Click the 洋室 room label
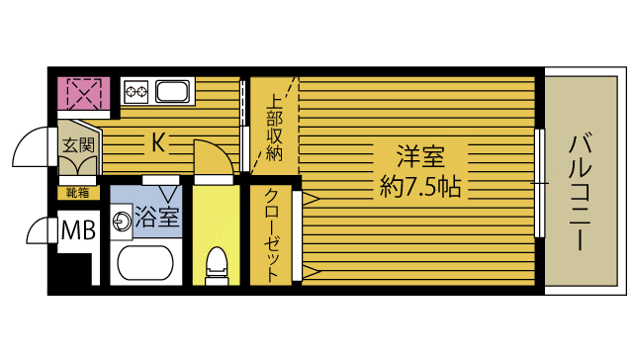[x=420, y=156]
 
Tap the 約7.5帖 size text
[x=420, y=186]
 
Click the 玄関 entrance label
[x=77, y=145]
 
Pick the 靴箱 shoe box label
[x=77, y=192]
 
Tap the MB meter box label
[x=78, y=231]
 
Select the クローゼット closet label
[x=270, y=235]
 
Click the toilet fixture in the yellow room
[x=217, y=265]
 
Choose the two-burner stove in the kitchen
[x=136, y=94]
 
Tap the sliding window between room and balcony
[x=540, y=183]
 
